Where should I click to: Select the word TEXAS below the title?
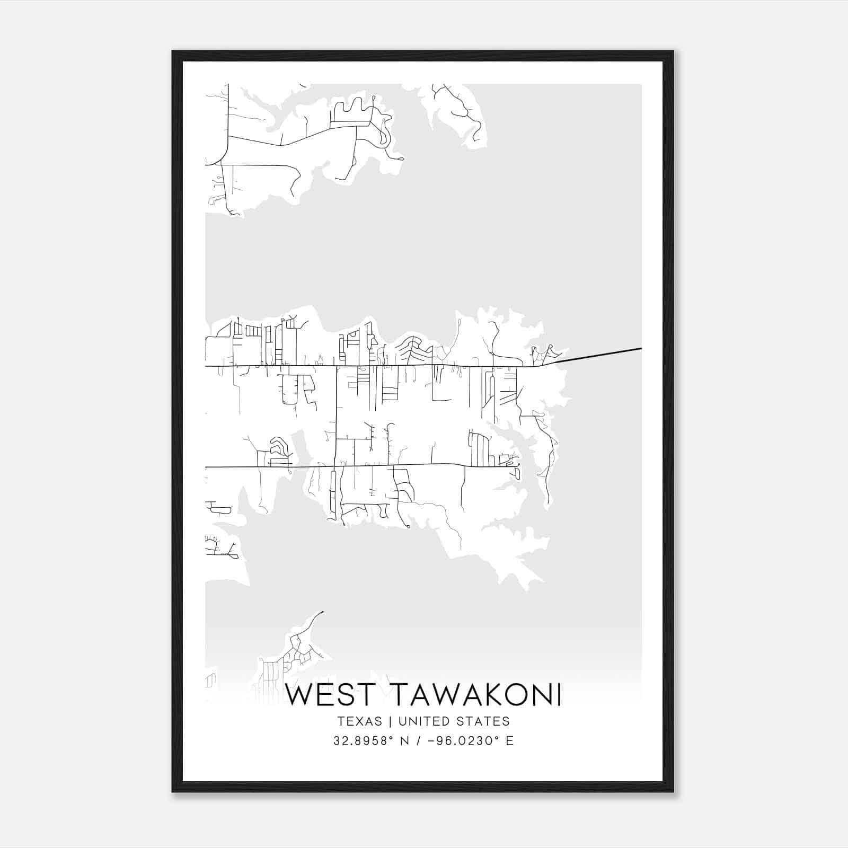click(x=359, y=721)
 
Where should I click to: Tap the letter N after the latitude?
click(x=408, y=741)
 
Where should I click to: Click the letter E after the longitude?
click(x=510, y=741)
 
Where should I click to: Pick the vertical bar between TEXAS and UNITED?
click(x=390, y=721)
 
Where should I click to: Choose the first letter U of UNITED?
click(x=403, y=721)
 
